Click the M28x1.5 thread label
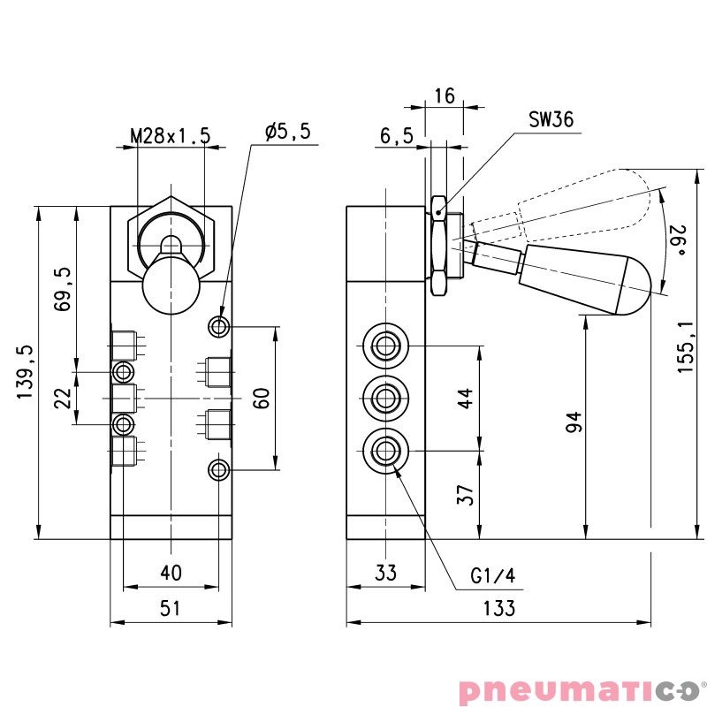(171, 135)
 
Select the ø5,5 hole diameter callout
(287, 132)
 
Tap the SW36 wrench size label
(551, 120)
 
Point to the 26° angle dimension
(679, 240)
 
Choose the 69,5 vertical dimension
(62, 289)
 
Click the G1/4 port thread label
(492, 577)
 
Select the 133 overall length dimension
(499, 608)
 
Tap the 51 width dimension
(171, 608)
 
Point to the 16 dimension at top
(445, 96)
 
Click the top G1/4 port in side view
(385, 345)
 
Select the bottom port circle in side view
(385, 451)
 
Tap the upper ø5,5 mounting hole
(219, 327)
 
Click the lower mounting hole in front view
(219, 469)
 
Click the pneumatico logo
(579, 688)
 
